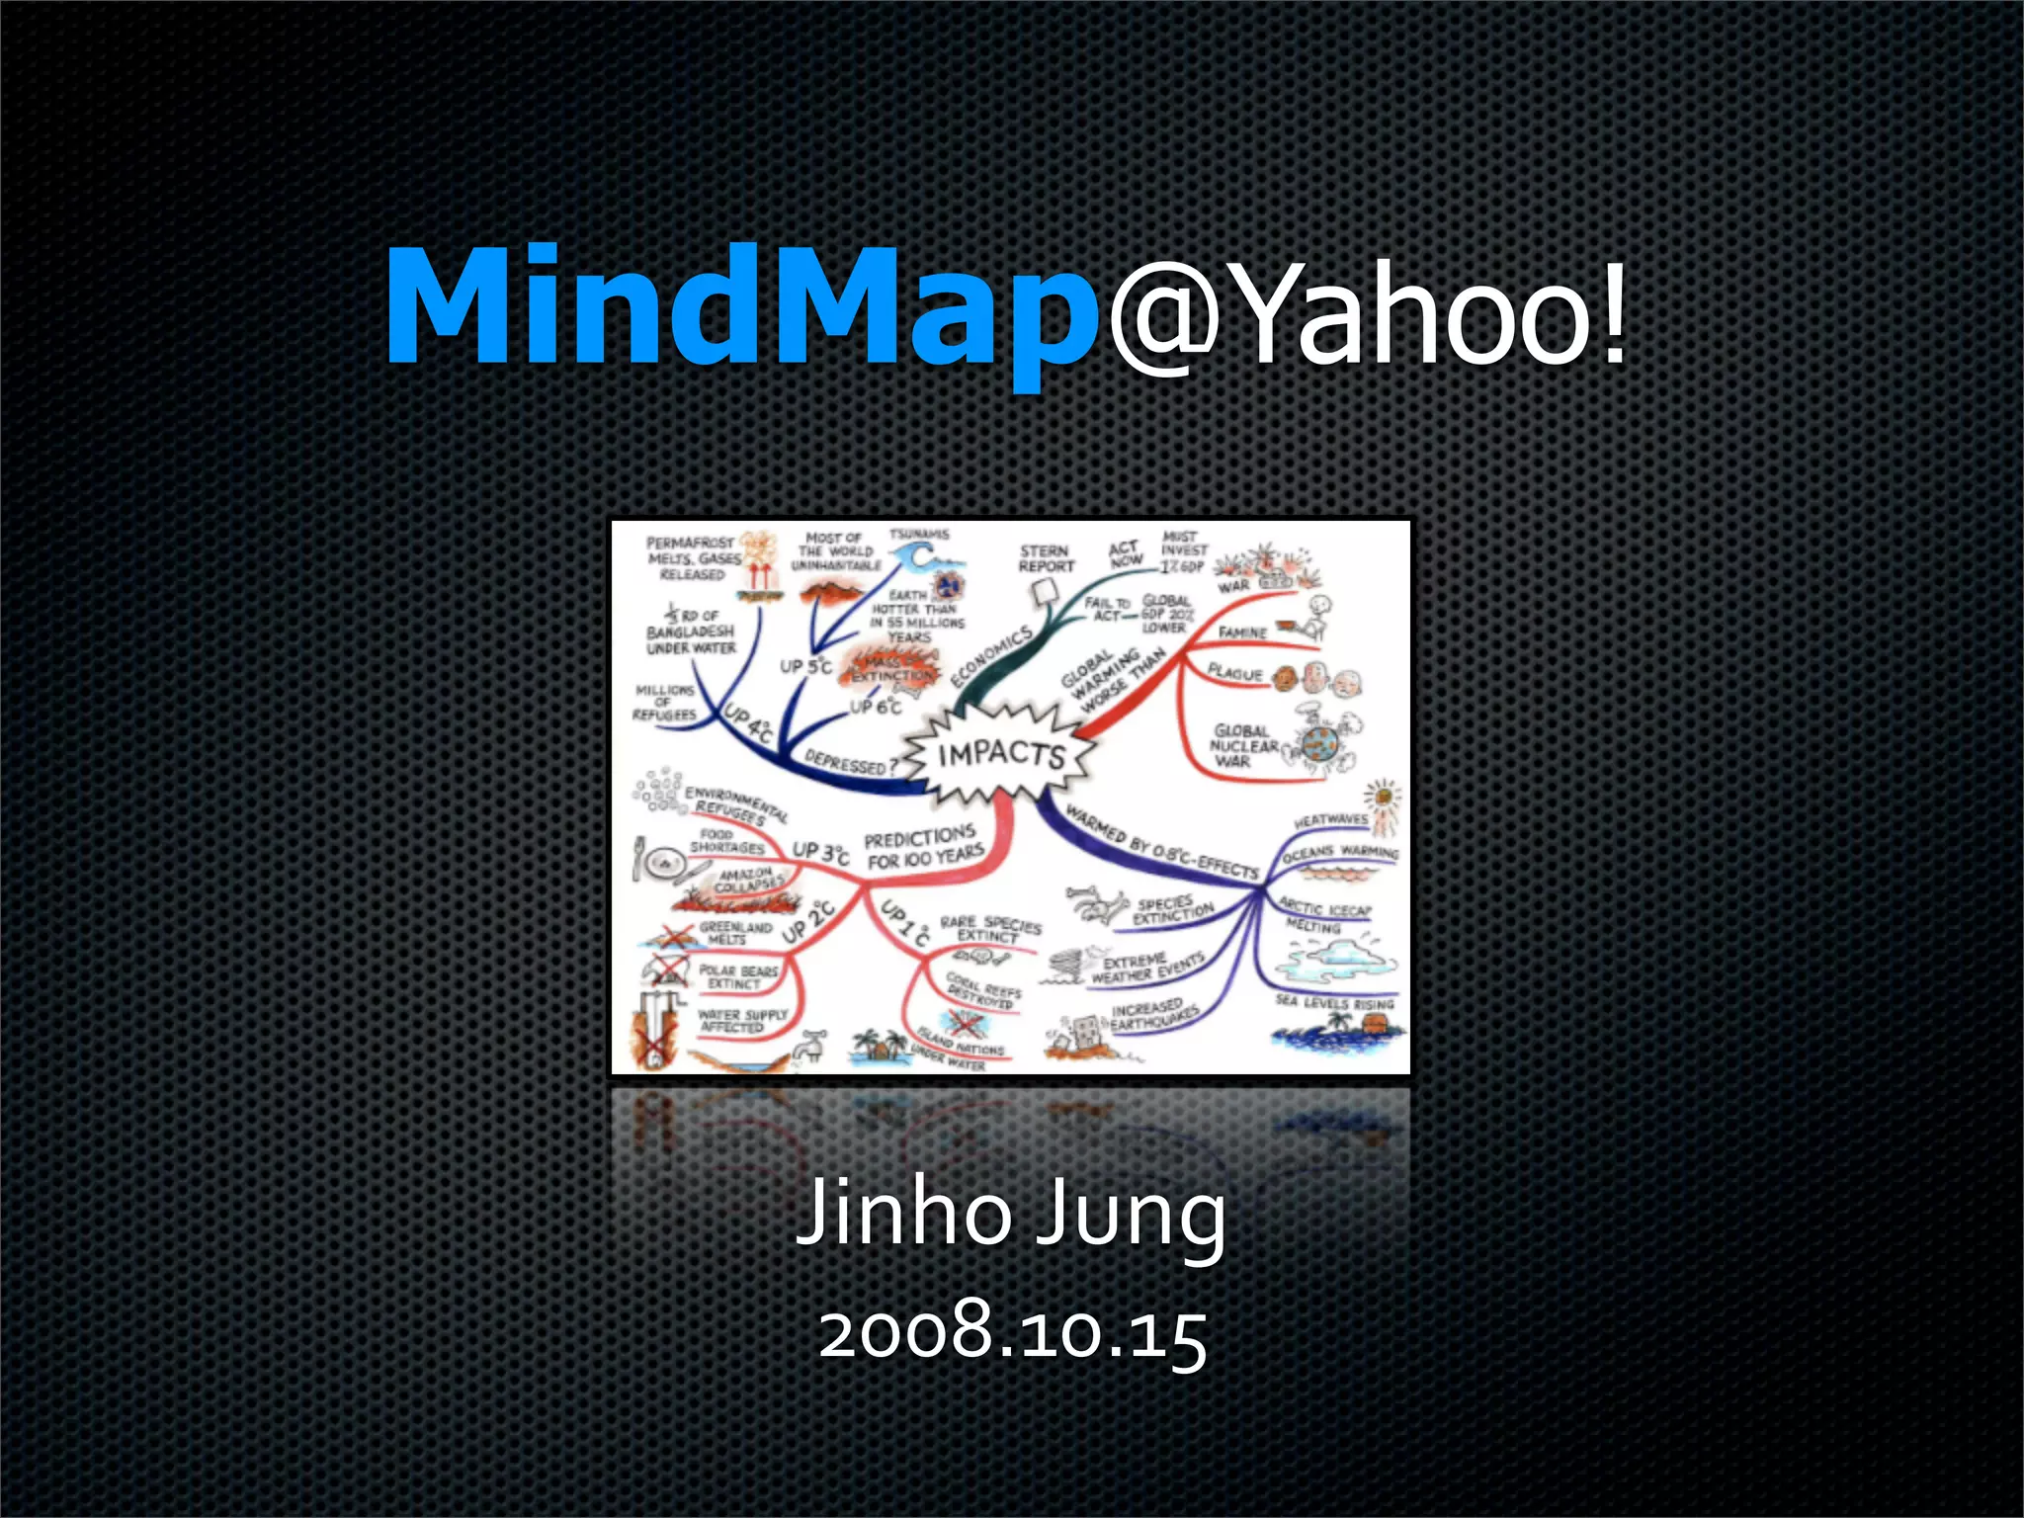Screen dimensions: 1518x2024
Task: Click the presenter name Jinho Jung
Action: coord(1011,1214)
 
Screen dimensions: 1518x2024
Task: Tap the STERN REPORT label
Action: coord(1046,558)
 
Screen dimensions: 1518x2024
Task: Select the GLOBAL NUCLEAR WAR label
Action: coord(1242,746)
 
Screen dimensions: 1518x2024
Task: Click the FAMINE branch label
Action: coord(1242,632)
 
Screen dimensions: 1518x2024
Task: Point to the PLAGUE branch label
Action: coord(1235,673)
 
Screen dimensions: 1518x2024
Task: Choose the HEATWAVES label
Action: coord(1330,820)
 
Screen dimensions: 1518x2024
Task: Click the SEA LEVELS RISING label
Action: coord(1334,1002)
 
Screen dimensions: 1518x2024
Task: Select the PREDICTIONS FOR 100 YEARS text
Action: coord(923,848)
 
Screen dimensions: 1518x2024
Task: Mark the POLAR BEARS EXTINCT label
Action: coord(738,976)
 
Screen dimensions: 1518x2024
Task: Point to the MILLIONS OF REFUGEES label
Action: coord(665,702)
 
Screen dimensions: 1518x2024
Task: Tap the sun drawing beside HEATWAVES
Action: coord(1382,796)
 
